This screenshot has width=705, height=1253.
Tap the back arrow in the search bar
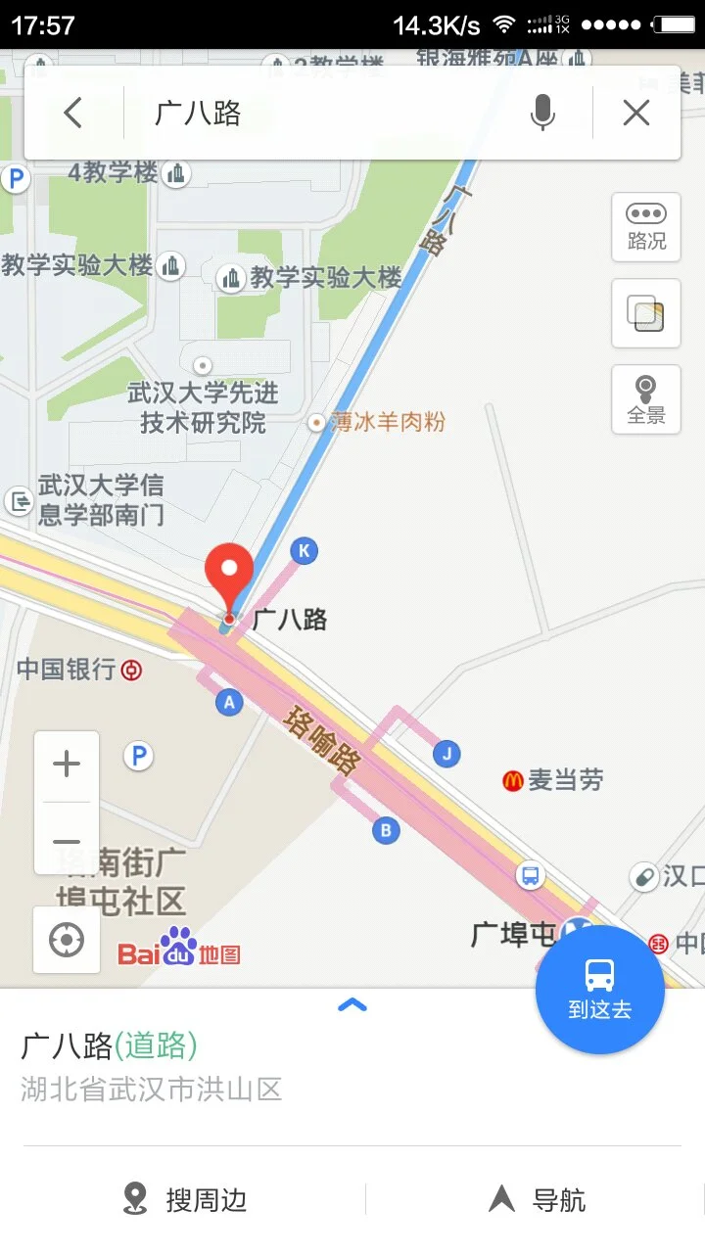[x=73, y=114]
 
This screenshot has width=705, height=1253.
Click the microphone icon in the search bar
[x=542, y=114]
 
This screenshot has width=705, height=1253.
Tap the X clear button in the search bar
[x=636, y=114]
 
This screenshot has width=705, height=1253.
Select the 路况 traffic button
[x=646, y=227]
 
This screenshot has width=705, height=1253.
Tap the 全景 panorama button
[x=646, y=399]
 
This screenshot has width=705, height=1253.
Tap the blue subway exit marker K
[x=304, y=551]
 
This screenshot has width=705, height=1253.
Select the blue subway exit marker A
[x=229, y=702]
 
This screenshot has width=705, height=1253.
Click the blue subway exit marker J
[x=446, y=754]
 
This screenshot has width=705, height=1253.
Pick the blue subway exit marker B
[x=386, y=831]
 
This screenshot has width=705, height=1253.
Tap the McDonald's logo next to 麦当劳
[x=512, y=780]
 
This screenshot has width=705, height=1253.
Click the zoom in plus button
[x=67, y=765]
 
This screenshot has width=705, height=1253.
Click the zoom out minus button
[x=67, y=842]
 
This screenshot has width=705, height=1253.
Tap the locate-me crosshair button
[x=67, y=941]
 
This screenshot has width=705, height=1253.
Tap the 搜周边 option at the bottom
[x=186, y=1199]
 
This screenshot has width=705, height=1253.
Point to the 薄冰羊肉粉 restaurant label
[x=388, y=422]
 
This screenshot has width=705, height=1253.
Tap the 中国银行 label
[x=67, y=671]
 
